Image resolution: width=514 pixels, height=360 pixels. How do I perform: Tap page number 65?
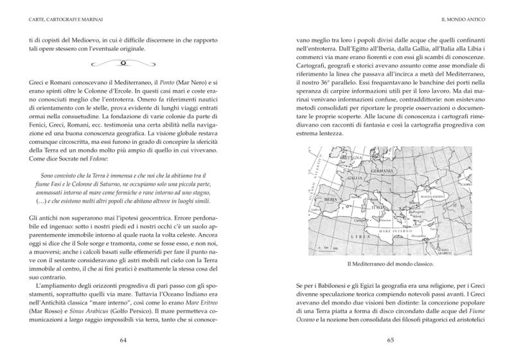[x=390, y=339]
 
